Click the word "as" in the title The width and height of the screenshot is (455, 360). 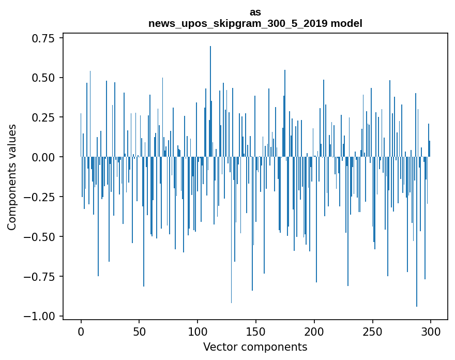(x=255, y=12)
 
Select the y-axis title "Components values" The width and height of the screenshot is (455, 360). (x=12, y=177)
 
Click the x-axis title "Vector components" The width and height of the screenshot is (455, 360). (x=255, y=347)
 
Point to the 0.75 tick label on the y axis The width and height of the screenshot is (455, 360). (x=45, y=38)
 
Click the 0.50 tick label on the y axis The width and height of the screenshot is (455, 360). (x=45, y=78)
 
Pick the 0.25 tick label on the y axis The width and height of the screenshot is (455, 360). (x=45, y=117)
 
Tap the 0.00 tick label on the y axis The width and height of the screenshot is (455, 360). (x=45, y=157)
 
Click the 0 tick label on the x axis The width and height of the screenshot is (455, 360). (x=81, y=332)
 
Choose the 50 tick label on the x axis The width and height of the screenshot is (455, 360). (x=139, y=332)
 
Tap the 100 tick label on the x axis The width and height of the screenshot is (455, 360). (x=198, y=332)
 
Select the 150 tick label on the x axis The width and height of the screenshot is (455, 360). (x=256, y=332)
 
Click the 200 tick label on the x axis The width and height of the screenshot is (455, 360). (x=314, y=332)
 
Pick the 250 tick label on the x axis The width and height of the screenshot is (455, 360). (x=373, y=332)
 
